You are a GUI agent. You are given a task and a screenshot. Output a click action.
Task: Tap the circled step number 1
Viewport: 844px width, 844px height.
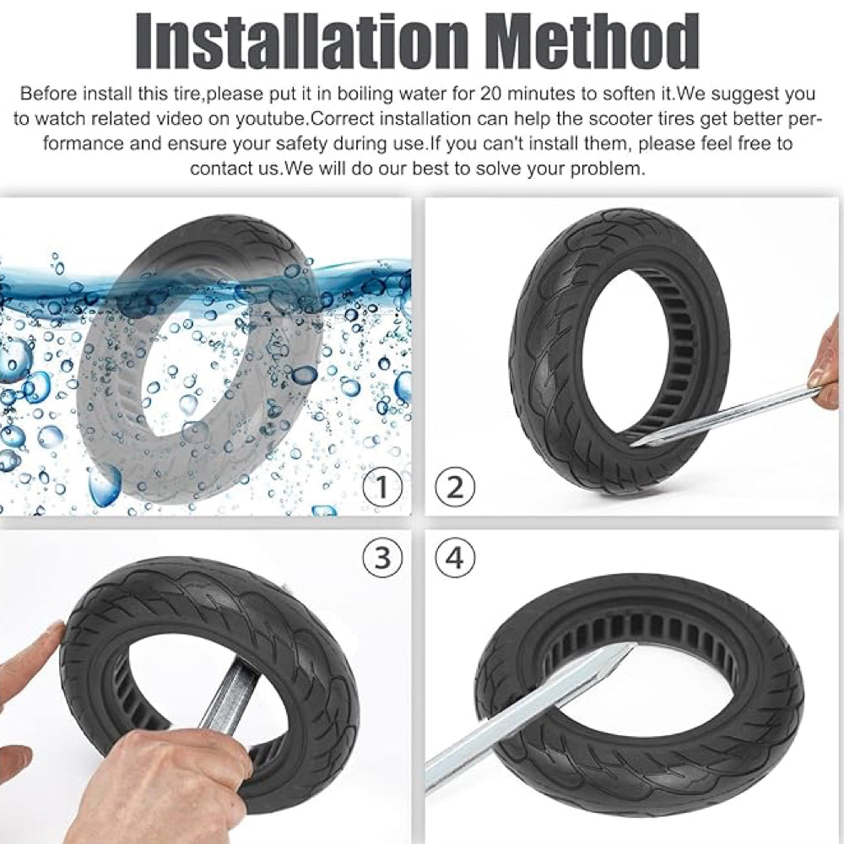coord(382,487)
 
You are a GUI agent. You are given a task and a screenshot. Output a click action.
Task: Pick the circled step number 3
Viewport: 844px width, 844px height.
coord(382,558)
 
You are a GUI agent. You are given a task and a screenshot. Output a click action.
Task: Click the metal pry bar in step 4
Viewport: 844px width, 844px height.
coord(523,717)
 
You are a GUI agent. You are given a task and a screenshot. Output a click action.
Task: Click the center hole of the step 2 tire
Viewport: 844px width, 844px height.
coord(620,354)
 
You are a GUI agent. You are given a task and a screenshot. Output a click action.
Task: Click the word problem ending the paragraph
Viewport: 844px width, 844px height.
coord(605,168)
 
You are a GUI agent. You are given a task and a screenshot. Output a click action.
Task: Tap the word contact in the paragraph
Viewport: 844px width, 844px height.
coord(219,168)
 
